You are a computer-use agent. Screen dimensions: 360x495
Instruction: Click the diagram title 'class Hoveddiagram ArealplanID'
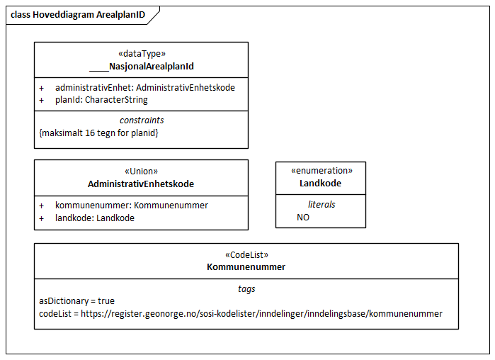point(78,15)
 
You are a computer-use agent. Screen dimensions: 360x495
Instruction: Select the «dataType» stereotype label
point(142,53)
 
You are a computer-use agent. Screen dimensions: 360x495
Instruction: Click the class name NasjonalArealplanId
point(152,67)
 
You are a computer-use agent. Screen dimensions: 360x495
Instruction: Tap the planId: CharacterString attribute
point(101,100)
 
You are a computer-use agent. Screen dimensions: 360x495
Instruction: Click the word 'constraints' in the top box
point(142,120)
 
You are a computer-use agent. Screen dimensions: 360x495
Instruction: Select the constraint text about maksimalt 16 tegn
point(98,133)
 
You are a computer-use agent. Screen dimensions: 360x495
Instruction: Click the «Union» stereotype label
point(141,171)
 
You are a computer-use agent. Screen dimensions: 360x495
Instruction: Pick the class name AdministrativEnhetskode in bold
point(141,184)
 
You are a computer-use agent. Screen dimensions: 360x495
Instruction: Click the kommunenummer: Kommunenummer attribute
point(131,205)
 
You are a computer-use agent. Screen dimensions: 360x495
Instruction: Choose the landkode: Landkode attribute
point(94,218)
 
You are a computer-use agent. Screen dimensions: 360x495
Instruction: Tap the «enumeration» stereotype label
point(321,170)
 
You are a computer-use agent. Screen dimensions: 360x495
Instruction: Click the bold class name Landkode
point(321,183)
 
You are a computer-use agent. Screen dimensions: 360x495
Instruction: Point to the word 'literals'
point(321,204)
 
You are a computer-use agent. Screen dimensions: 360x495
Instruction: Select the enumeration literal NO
point(303,218)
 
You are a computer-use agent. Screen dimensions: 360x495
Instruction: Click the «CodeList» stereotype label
point(246,254)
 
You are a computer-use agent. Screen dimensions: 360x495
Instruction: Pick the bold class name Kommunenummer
point(246,267)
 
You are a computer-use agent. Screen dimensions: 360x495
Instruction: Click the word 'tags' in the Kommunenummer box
point(246,288)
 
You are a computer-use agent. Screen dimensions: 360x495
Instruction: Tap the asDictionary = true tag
point(76,300)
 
